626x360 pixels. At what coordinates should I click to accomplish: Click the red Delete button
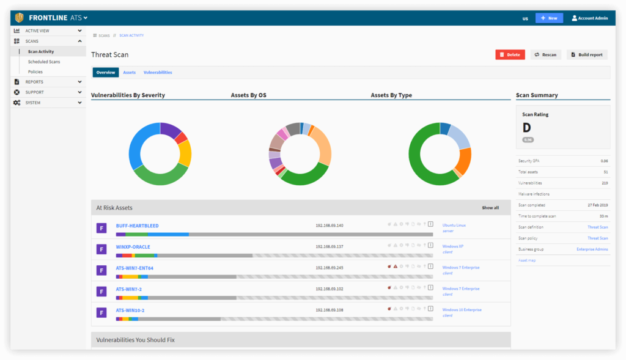[x=510, y=54]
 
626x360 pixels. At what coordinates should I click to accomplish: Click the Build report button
[x=587, y=54]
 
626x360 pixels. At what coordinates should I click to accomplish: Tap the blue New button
[x=549, y=18]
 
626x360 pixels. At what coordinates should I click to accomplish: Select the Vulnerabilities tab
[x=158, y=72]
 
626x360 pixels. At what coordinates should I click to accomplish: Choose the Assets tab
[x=129, y=72]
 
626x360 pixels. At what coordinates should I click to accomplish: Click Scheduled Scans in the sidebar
[x=44, y=62]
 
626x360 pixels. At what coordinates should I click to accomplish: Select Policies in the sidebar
[x=35, y=72]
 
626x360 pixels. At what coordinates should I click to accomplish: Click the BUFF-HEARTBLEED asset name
[x=137, y=226]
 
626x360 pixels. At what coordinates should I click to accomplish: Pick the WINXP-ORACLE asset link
[x=133, y=247]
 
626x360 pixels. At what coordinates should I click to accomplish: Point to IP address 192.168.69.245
[x=330, y=268]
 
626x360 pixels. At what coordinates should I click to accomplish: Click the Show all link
[x=490, y=208]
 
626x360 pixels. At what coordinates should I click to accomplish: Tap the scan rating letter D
[x=526, y=128]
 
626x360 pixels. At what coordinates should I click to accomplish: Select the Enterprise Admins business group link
[x=592, y=249]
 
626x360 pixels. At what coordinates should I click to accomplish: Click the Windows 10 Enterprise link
[x=462, y=310]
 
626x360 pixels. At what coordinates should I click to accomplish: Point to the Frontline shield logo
[x=20, y=18]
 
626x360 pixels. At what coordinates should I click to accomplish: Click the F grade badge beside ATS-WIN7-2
[x=102, y=291]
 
